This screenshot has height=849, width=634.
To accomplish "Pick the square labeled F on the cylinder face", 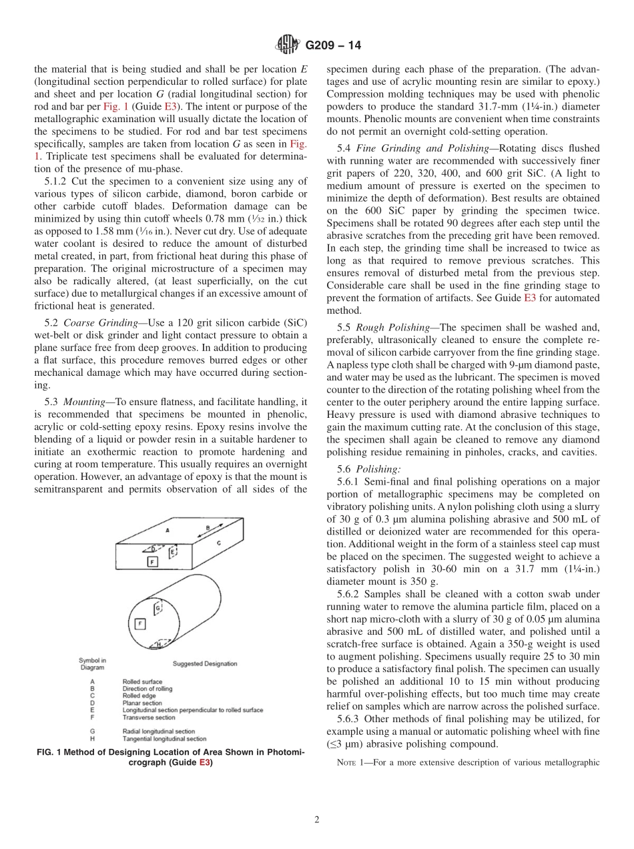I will point(140,623).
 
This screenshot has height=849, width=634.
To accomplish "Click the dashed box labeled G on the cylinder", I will point(158,609).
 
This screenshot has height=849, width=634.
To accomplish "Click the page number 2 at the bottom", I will point(316,820).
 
